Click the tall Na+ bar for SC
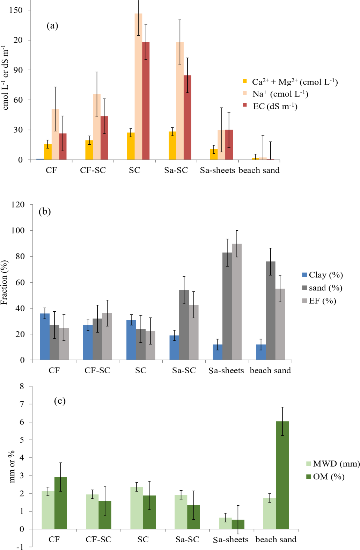138,87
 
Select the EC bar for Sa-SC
188,117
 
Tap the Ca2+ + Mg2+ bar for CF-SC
89,150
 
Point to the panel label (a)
52,26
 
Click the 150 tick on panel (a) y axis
16,10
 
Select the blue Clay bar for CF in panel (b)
45,336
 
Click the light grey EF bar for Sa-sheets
237,302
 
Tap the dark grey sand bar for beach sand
270,311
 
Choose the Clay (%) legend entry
322,275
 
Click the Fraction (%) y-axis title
4,282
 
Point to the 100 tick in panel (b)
18,230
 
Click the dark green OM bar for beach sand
282,475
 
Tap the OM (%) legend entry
325,477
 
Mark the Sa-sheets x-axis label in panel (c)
230,540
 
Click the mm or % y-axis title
12,466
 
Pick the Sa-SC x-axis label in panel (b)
184,370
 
